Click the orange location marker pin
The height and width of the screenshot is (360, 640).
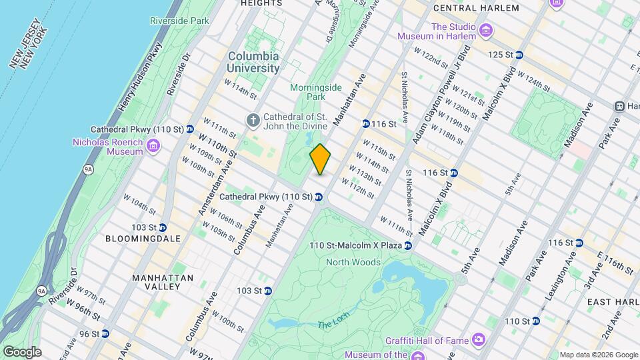[321, 159]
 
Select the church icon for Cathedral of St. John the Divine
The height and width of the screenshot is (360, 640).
[253, 120]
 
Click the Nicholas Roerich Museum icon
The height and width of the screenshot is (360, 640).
[153, 145]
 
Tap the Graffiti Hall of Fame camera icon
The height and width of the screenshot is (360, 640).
[479, 341]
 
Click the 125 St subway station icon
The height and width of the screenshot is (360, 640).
[519, 55]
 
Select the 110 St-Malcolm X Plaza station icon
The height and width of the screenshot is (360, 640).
[409, 245]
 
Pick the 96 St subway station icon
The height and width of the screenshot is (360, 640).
[105, 333]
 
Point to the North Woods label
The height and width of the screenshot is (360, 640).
[353, 262]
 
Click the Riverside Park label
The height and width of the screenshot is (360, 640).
[180, 21]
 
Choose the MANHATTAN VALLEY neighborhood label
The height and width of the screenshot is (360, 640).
[163, 282]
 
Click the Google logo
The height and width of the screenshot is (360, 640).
[22, 351]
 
